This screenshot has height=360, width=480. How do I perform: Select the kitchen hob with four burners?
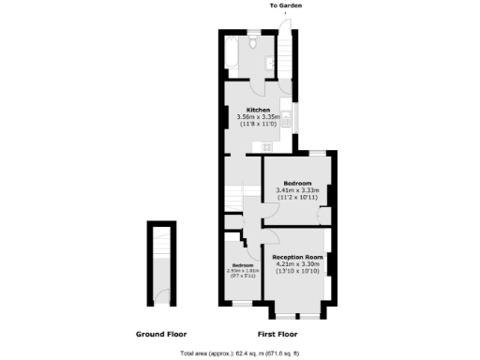tap(267, 146)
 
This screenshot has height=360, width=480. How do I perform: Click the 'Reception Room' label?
tap(297, 257)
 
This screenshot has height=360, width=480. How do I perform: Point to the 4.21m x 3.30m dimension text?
tap(297, 264)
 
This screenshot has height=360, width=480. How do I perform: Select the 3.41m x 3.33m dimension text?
tap(297, 191)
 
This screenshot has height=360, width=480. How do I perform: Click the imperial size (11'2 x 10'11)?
tap(297, 199)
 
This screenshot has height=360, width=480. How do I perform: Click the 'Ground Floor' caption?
tap(160, 334)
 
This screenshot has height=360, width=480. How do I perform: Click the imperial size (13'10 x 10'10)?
tap(297, 272)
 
